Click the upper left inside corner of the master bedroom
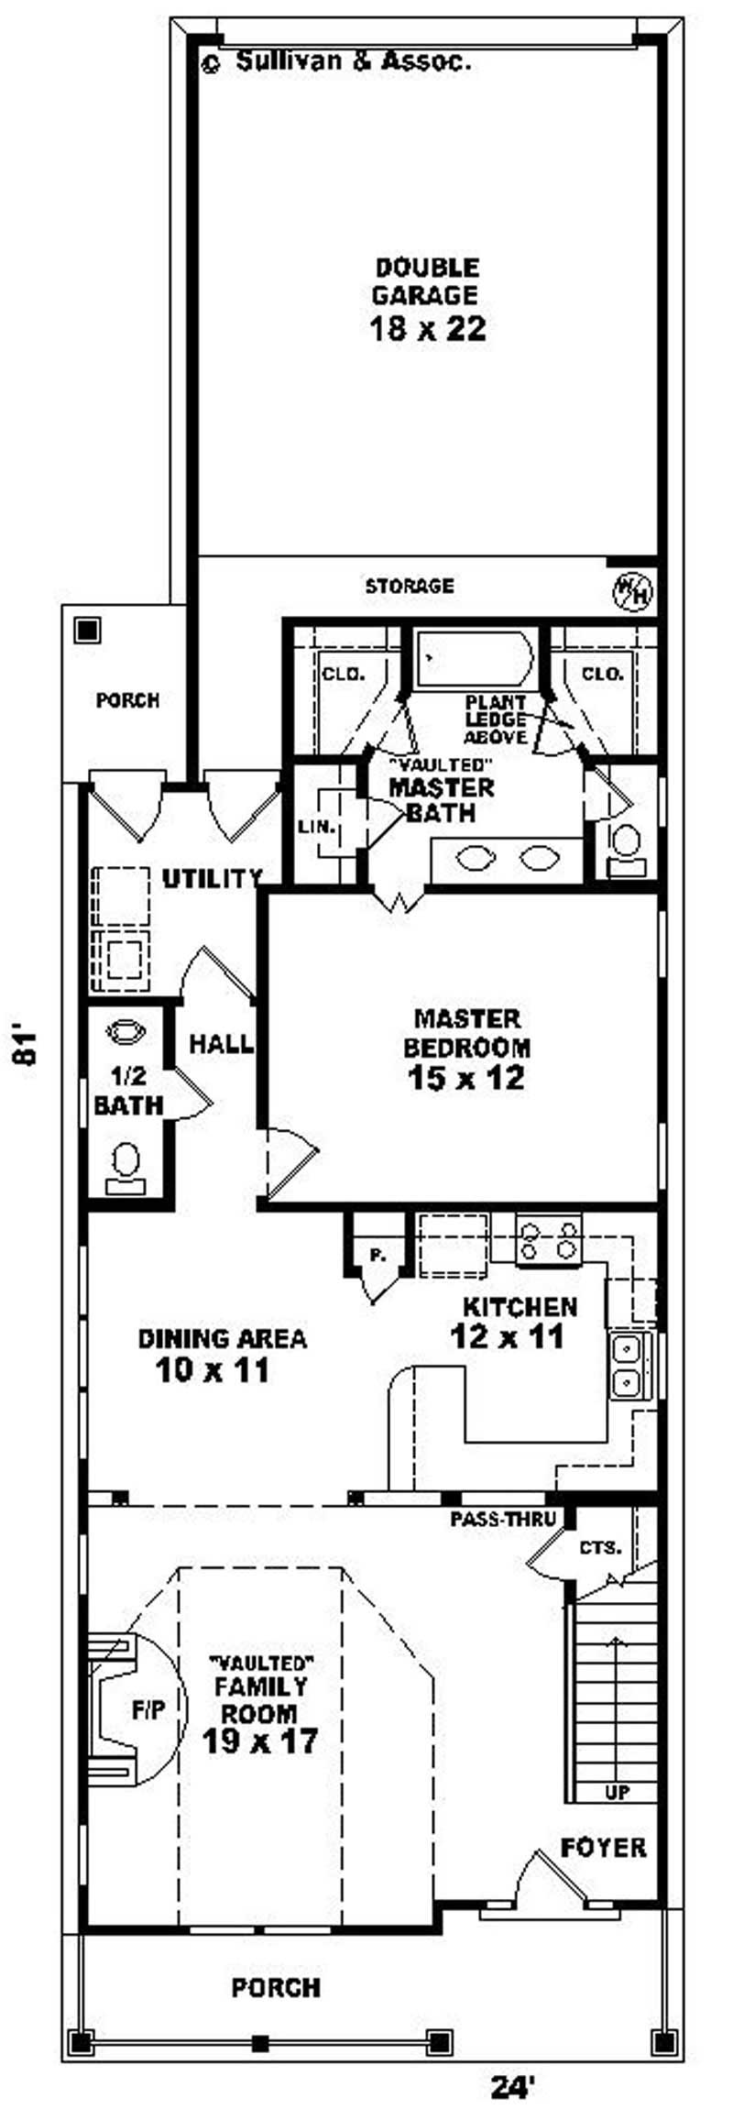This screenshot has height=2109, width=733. tap(268, 895)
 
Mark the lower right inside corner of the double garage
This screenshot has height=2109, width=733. tap(657, 555)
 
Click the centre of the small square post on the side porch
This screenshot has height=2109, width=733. tap(88, 630)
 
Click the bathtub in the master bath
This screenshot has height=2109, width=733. tap(474, 659)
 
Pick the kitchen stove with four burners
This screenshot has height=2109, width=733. tap(549, 1239)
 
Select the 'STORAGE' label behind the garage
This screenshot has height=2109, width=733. tap(410, 586)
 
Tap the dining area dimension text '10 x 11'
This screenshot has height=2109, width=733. tap(213, 1370)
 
